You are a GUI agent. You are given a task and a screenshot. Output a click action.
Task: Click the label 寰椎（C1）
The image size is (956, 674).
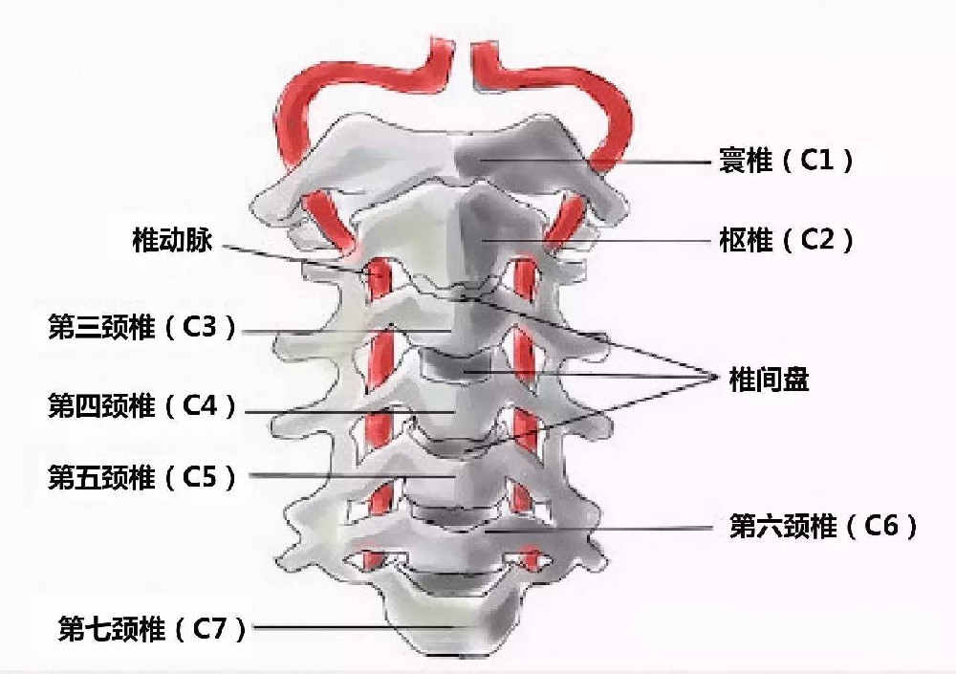click(x=787, y=161)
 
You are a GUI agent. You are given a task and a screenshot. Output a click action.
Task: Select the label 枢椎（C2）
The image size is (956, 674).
click(x=787, y=240)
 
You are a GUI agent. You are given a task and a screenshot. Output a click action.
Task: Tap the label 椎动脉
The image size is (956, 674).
click(x=172, y=239)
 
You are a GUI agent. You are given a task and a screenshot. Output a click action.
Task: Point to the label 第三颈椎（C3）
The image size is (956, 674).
click(x=142, y=328)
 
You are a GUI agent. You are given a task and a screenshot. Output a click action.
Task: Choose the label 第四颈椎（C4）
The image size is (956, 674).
click(x=142, y=405)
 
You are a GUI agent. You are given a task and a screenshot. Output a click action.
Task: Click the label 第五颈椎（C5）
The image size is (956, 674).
click(x=142, y=477)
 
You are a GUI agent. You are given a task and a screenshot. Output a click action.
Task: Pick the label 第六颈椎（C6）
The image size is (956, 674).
click(x=824, y=526)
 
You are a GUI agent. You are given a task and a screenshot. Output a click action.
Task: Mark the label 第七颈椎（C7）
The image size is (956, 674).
click(x=152, y=629)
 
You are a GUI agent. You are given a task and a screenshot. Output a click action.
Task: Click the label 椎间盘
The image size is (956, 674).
click(x=769, y=380)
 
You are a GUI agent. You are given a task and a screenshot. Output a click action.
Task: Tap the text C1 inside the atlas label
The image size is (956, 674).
click(x=816, y=161)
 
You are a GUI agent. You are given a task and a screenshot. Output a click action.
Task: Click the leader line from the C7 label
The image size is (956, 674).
click(x=354, y=627)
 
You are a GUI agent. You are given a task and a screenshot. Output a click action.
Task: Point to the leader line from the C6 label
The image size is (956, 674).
click(x=598, y=530)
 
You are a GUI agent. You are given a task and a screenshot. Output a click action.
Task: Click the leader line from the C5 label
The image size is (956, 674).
click(x=353, y=476)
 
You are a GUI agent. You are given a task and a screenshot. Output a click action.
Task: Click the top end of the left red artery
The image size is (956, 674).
click(x=443, y=44)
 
